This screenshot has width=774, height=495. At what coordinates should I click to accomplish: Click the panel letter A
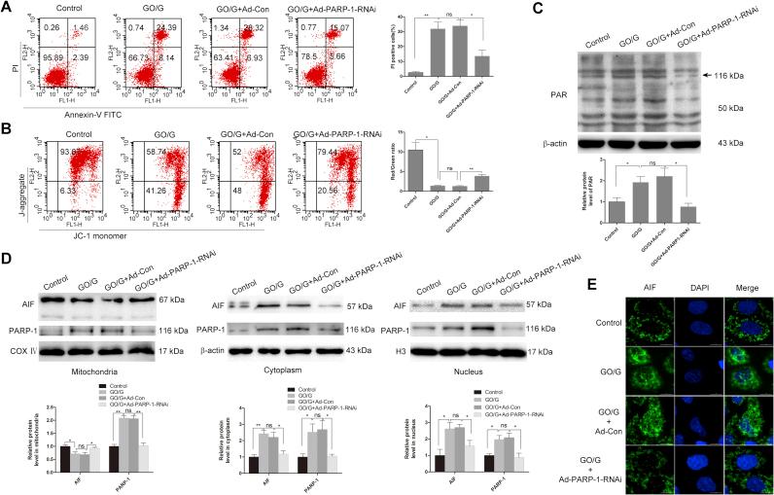tap(7, 8)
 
